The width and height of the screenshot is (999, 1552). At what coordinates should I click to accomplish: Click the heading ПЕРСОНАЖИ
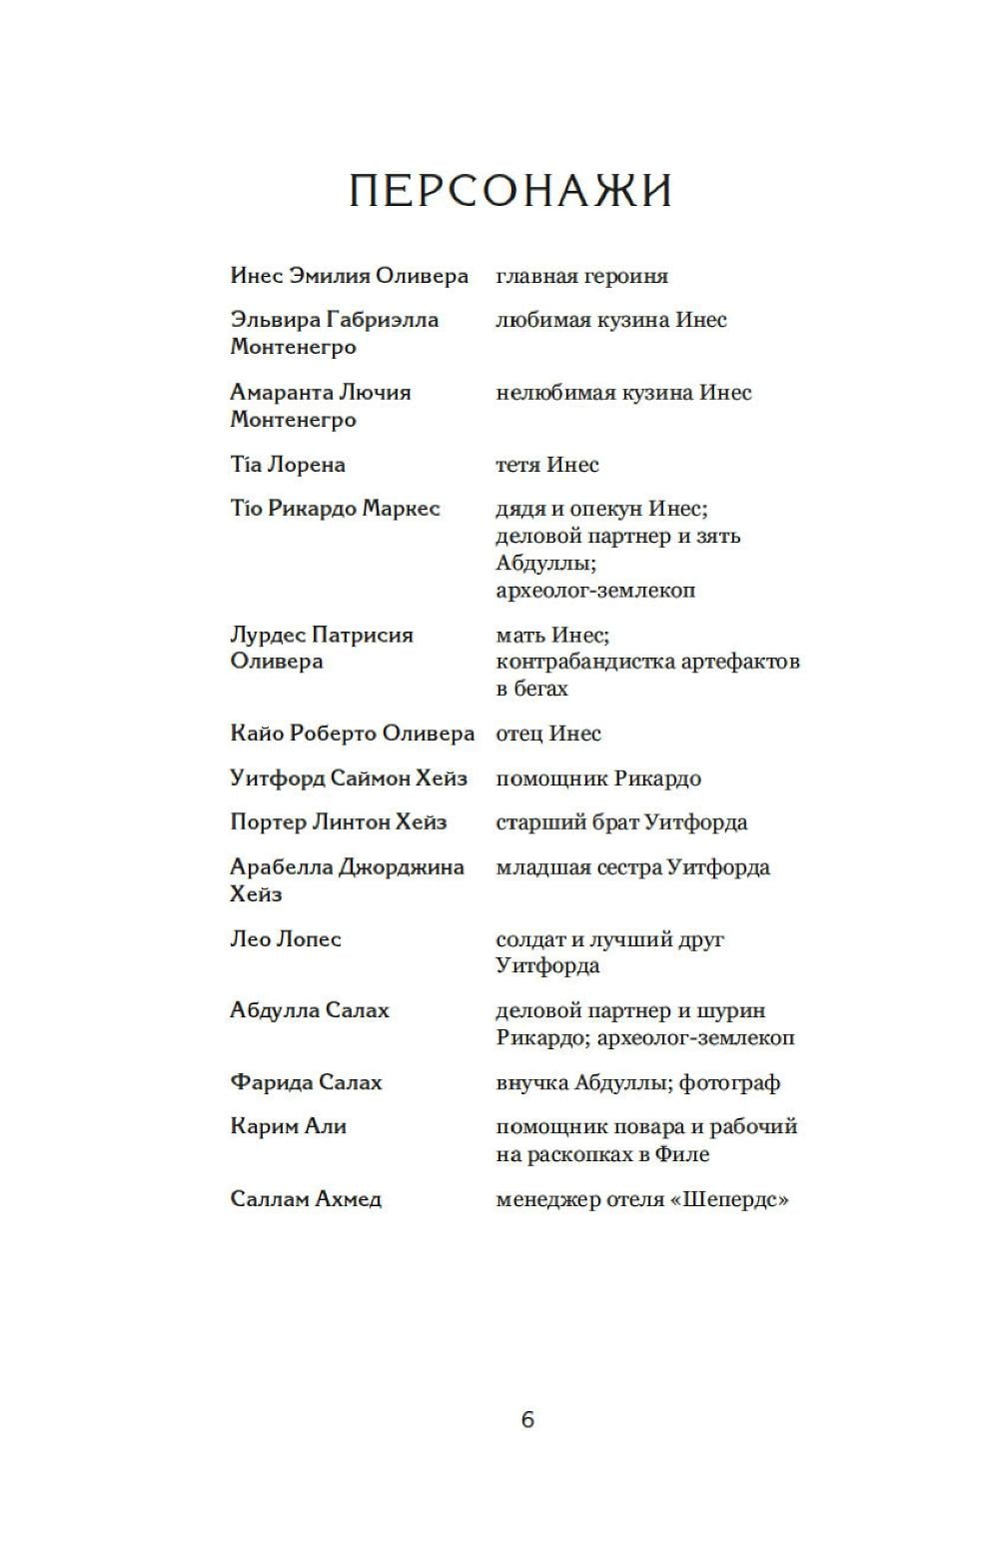(x=510, y=190)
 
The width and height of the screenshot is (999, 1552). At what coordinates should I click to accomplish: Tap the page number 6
(x=527, y=1419)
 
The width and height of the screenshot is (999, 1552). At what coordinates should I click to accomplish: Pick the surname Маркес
(x=401, y=509)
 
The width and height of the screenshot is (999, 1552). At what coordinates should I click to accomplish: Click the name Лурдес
(x=268, y=635)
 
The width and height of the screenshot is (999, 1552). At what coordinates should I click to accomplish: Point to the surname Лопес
(x=310, y=939)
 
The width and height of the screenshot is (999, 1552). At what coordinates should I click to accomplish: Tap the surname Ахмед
(x=349, y=1199)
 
